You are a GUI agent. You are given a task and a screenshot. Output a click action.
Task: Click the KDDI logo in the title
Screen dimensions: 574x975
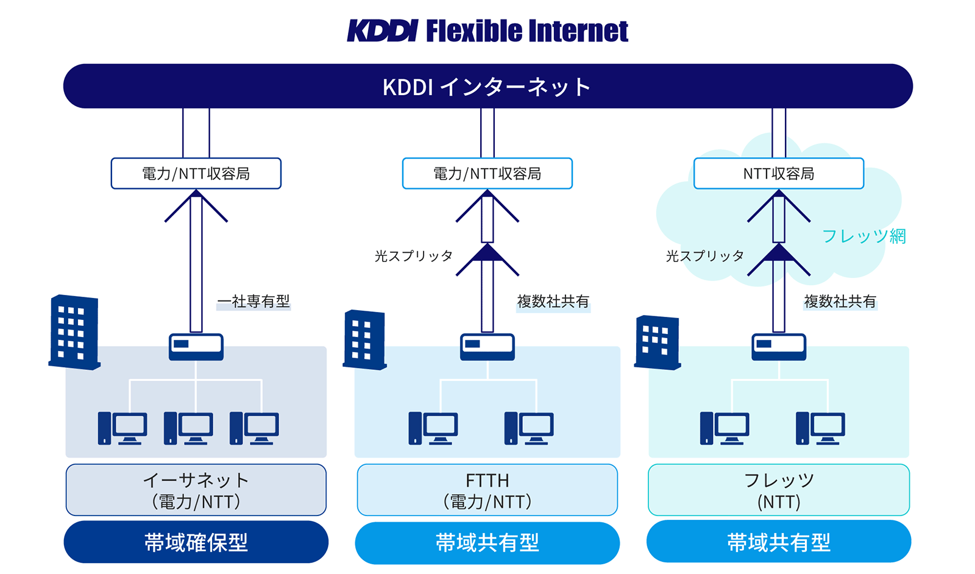(x=382, y=31)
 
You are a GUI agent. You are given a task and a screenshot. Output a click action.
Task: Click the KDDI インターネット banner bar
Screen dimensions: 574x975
(x=487, y=87)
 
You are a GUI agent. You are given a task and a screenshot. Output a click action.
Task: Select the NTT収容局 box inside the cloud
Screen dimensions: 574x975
(x=778, y=174)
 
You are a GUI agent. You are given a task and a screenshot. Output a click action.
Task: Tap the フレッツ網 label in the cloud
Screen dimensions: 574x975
(x=863, y=236)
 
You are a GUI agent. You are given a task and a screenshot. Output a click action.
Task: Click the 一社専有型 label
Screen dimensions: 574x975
(x=253, y=301)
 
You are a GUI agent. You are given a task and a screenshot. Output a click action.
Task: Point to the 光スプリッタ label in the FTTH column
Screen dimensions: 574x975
(x=414, y=256)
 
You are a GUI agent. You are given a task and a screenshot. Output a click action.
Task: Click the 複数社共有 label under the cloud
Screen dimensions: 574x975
(x=840, y=301)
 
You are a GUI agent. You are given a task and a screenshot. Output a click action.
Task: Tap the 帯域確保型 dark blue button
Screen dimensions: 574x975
(x=196, y=542)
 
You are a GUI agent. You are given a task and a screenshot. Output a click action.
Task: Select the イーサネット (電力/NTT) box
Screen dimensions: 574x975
(x=196, y=490)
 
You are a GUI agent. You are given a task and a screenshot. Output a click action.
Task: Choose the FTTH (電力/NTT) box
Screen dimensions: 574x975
(x=487, y=490)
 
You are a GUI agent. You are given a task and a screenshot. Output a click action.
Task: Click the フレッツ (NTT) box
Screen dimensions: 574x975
(x=778, y=490)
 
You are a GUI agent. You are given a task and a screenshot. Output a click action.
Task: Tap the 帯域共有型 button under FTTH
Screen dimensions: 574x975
(x=487, y=542)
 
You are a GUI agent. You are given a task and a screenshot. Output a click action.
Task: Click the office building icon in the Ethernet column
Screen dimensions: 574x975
(x=74, y=333)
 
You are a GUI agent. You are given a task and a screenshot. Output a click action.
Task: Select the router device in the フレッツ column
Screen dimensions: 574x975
(x=778, y=346)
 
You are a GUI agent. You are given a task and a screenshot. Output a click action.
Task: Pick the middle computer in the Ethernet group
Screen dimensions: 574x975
(x=188, y=428)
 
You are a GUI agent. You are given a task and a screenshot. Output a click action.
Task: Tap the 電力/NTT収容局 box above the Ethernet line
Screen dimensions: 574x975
(x=196, y=174)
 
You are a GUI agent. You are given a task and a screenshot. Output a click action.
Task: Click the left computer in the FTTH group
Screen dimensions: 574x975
(x=433, y=428)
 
